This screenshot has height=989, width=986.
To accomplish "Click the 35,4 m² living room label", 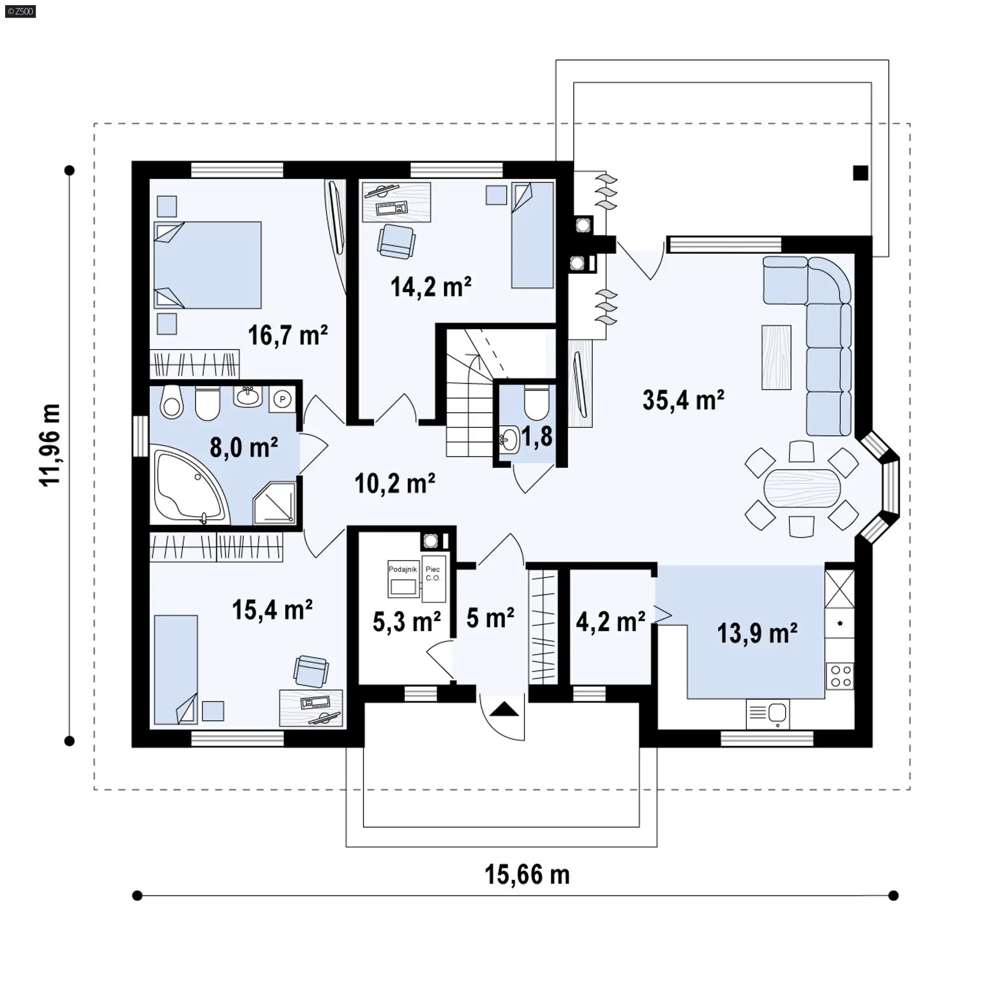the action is pos(683,400).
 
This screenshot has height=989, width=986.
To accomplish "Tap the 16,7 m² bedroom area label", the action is pos(288,335).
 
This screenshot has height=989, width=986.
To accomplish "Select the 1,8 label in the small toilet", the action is pos(537,436).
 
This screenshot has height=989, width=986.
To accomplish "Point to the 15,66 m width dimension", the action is pos(527,874).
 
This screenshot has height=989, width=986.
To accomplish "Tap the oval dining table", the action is pos(802,488).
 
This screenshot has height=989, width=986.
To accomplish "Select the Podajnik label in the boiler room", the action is pos(403,569).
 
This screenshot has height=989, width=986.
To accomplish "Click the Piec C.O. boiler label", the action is pos(433,574).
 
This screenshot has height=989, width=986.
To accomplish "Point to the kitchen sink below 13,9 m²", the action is pos(768,713).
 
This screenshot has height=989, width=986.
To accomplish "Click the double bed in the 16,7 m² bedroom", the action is pos(207,265).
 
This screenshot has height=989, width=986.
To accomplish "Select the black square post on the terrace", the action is pos(861,173).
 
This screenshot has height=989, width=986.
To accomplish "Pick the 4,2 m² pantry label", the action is pos(610,622).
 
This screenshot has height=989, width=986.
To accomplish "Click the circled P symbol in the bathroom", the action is pos(282,399).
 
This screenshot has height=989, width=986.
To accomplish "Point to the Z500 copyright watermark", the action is pos(21,11).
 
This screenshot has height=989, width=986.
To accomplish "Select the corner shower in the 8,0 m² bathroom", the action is pos(275,503).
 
